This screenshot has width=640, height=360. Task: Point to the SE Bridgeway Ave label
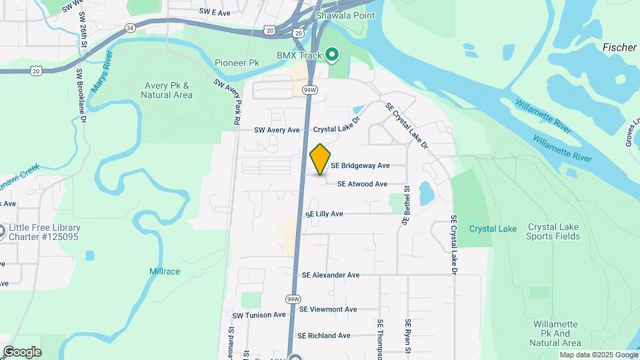(x=369, y=165)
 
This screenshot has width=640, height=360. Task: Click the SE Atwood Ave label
(x=362, y=184)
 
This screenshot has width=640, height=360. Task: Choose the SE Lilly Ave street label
(x=324, y=214)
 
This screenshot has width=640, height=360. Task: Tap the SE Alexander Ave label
(x=330, y=275)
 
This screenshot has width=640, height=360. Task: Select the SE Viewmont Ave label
(x=328, y=309)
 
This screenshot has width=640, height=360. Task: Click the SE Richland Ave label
(x=324, y=336)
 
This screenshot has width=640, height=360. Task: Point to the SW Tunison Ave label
(x=259, y=315)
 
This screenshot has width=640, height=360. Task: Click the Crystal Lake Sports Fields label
(x=553, y=231)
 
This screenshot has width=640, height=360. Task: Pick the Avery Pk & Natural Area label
(x=166, y=90)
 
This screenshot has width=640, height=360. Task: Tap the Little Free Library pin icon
(x=3, y=231)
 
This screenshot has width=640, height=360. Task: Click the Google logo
(x=22, y=352)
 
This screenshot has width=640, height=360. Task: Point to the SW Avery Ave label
(x=277, y=130)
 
